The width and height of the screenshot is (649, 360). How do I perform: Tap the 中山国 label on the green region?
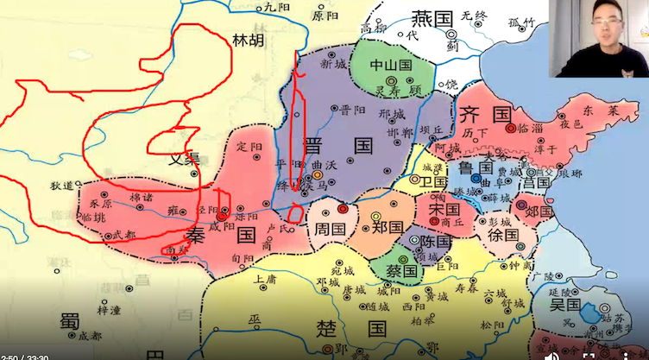[x=391, y=65]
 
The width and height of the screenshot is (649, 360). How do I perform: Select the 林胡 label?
[x=249, y=40]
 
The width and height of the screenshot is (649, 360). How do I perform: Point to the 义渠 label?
[x=184, y=158]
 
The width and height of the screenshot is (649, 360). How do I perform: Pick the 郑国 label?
[x=388, y=227]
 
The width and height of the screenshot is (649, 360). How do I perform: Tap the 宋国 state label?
[x=444, y=209]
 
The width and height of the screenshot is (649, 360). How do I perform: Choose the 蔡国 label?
[x=402, y=270]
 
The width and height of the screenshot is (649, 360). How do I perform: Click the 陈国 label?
[x=435, y=242]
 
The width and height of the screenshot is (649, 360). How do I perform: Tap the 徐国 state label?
[x=502, y=234]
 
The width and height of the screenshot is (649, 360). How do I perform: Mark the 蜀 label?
[x=69, y=320]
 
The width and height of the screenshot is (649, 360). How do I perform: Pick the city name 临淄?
[x=531, y=128]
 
